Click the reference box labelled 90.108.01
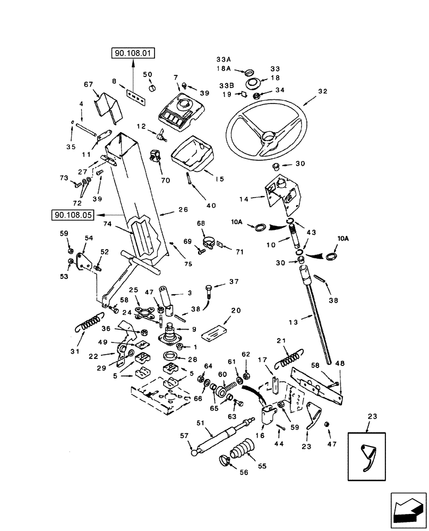tap(132, 53)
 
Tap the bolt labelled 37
tap(208, 290)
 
